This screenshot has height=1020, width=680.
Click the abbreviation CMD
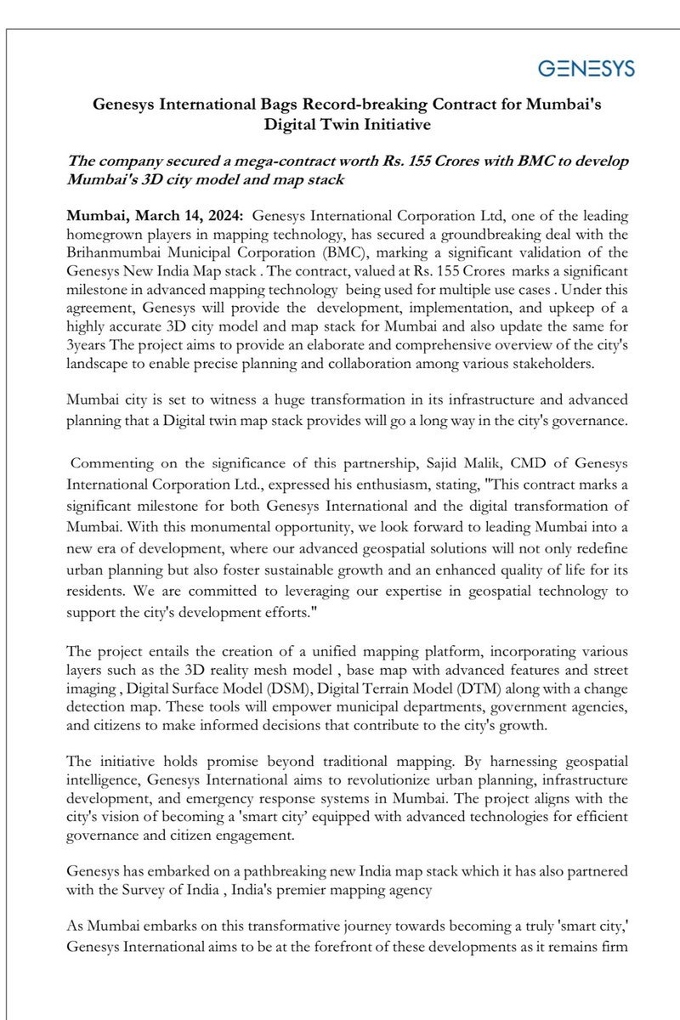(492, 463)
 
